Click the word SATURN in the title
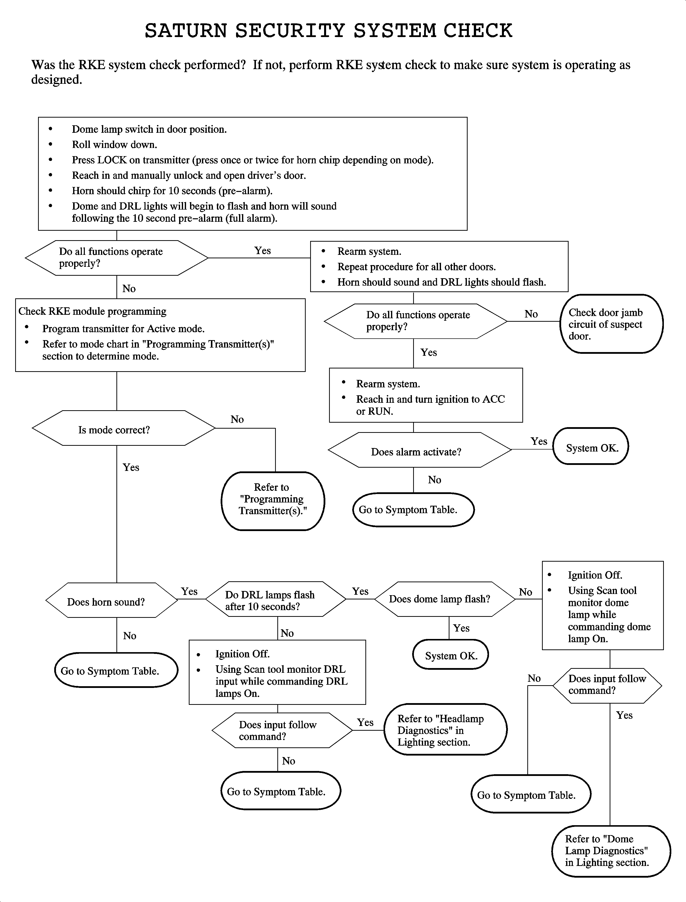(186, 31)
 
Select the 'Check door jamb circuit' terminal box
(611, 324)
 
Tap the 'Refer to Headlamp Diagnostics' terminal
(445, 729)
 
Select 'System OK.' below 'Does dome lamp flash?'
(450, 655)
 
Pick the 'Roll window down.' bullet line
(114, 144)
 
